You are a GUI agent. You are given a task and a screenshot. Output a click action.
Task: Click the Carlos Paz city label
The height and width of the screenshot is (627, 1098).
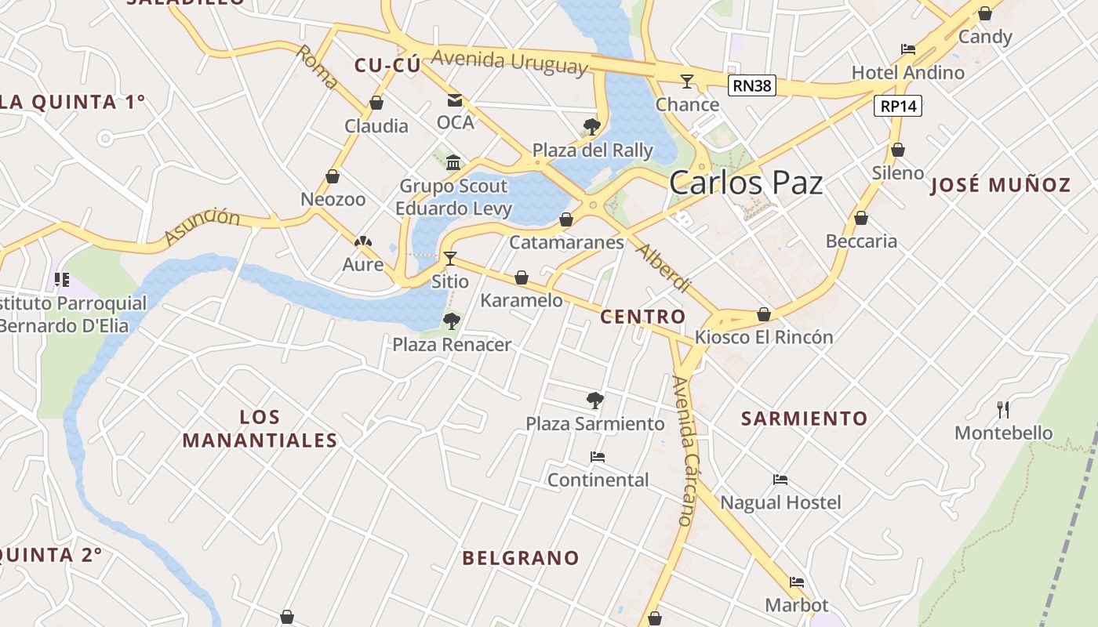[x=746, y=183]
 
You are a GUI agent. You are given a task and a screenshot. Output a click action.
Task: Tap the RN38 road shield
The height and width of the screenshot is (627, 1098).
[x=751, y=85]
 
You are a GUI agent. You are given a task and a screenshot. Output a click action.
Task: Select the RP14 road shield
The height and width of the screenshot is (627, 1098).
[x=898, y=106]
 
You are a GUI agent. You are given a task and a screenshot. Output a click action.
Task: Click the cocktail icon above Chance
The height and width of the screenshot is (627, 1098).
[x=687, y=81]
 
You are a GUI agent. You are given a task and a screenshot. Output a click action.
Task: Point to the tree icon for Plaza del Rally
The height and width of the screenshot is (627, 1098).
[x=592, y=126]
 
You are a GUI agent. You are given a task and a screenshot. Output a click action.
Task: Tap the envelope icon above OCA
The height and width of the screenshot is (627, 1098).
[x=455, y=100]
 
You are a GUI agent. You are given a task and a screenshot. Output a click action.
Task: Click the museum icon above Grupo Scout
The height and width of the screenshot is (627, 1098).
[x=453, y=162]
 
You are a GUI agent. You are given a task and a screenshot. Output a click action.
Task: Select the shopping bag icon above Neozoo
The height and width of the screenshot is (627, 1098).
[x=333, y=176]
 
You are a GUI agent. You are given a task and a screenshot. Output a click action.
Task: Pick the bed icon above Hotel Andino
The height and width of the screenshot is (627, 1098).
[x=908, y=49]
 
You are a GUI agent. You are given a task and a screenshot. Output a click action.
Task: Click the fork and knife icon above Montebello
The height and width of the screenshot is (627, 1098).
[x=1003, y=409]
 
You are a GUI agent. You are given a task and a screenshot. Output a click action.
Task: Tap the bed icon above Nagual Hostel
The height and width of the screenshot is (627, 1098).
[x=780, y=479]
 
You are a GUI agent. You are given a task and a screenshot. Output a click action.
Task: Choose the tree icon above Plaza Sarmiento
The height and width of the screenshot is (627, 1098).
[x=595, y=400]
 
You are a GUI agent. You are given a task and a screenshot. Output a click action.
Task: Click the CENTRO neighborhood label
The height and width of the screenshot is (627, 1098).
[x=642, y=317]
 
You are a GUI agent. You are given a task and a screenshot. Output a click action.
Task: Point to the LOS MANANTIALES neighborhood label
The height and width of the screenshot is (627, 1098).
[x=260, y=428]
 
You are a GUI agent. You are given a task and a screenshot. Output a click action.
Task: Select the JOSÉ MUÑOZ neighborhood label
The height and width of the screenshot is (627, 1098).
[x=1000, y=185]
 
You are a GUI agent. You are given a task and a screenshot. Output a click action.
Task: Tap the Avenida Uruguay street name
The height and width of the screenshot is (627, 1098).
[x=509, y=61]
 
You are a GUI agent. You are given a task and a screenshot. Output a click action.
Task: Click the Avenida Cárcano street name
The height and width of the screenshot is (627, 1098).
[x=684, y=451]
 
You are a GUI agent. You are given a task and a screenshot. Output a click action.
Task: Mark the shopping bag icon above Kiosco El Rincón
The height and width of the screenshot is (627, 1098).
[x=764, y=314]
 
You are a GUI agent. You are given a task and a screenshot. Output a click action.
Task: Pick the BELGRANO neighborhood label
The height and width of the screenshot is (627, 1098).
[x=520, y=558]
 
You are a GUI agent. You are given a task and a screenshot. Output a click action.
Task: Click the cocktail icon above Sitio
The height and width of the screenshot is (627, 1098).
[x=450, y=258]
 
